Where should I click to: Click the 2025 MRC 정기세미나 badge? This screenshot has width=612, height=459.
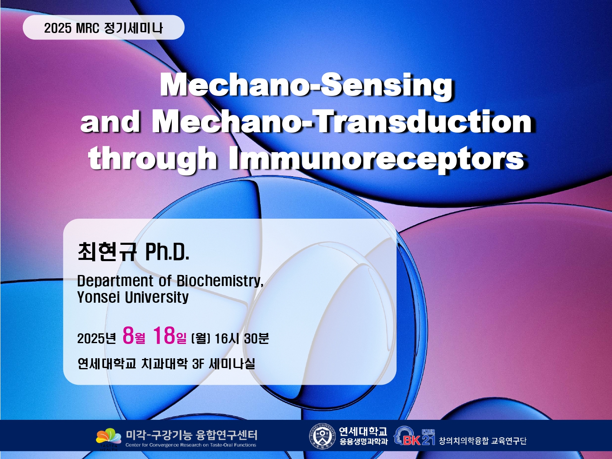pyautogui.click(x=104, y=27)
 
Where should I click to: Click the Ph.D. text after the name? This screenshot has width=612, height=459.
pyautogui.click(x=167, y=252)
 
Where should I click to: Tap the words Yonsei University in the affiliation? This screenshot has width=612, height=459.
pyautogui.click(x=133, y=297)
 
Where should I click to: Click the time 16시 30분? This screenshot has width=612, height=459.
pyautogui.click(x=242, y=338)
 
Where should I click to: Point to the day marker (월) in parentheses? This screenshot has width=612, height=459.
pyautogui.click(x=200, y=339)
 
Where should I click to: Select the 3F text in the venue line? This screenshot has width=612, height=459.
pyautogui.click(x=198, y=364)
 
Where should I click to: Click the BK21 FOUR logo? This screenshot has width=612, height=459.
pyautogui.click(x=415, y=436)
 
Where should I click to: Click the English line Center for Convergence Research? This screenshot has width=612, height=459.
pyautogui.click(x=191, y=445)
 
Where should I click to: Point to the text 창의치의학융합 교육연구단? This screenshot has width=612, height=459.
pyautogui.click(x=483, y=441)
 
